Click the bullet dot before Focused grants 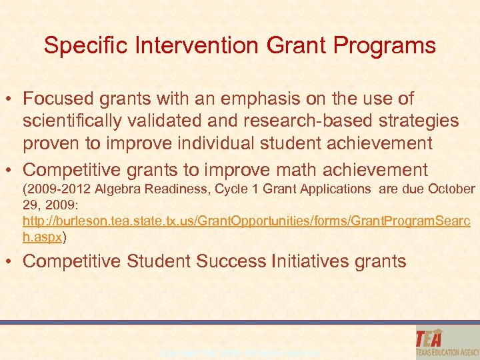11,99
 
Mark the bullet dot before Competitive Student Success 11,261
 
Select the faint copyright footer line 240,351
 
